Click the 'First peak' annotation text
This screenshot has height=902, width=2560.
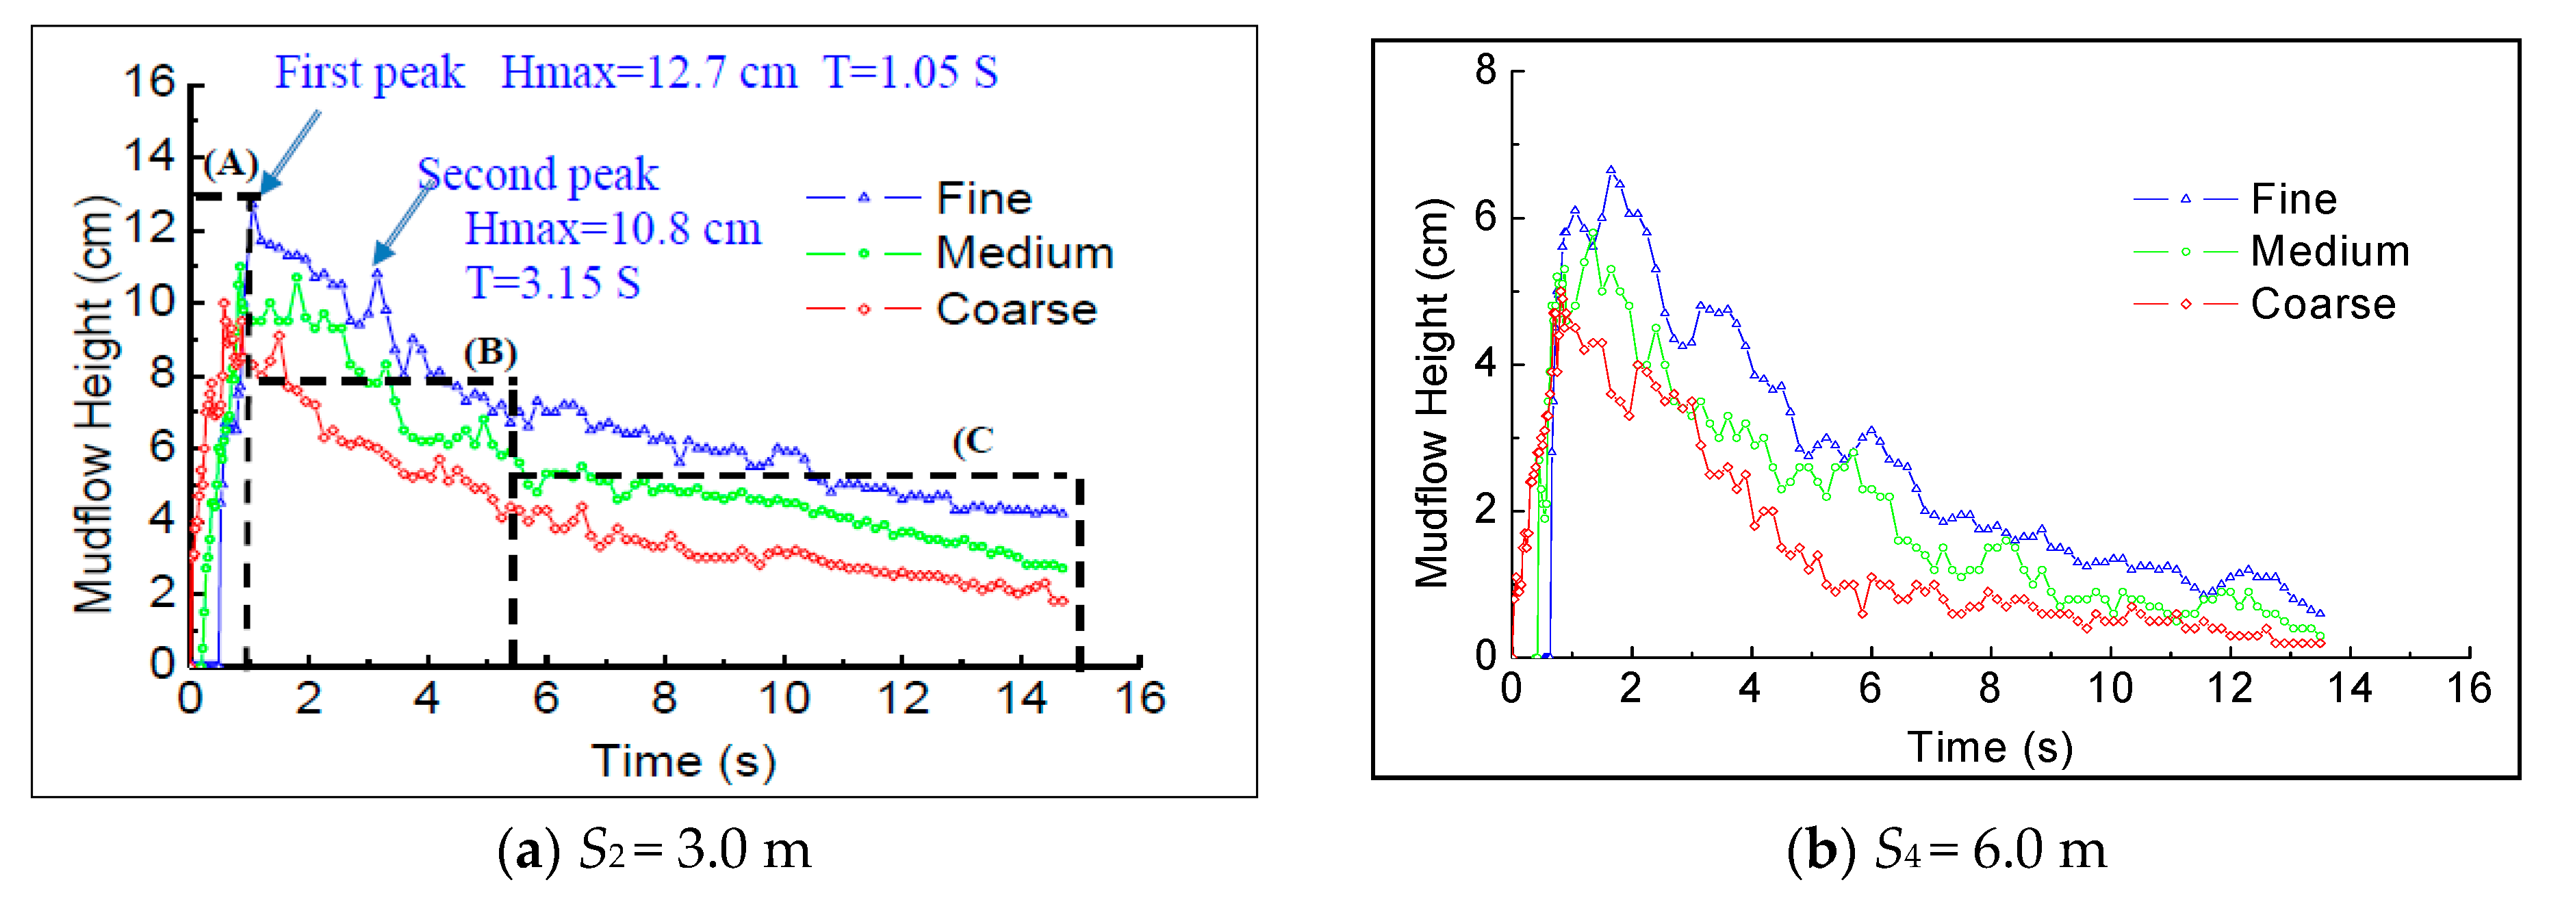(369, 73)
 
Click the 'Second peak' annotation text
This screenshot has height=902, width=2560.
(537, 175)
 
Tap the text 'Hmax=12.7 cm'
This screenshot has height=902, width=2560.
(649, 73)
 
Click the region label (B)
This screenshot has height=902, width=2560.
(491, 352)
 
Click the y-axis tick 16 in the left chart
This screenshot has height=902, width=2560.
(149, 81)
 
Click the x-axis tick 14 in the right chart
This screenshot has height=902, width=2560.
(2349, 688)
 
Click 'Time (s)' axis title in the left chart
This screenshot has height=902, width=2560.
(684, 761)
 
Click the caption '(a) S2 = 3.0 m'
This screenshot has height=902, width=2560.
(654, 851)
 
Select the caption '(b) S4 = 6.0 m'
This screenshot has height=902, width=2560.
(1946, 851)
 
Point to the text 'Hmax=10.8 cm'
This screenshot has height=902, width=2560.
(613, 229)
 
